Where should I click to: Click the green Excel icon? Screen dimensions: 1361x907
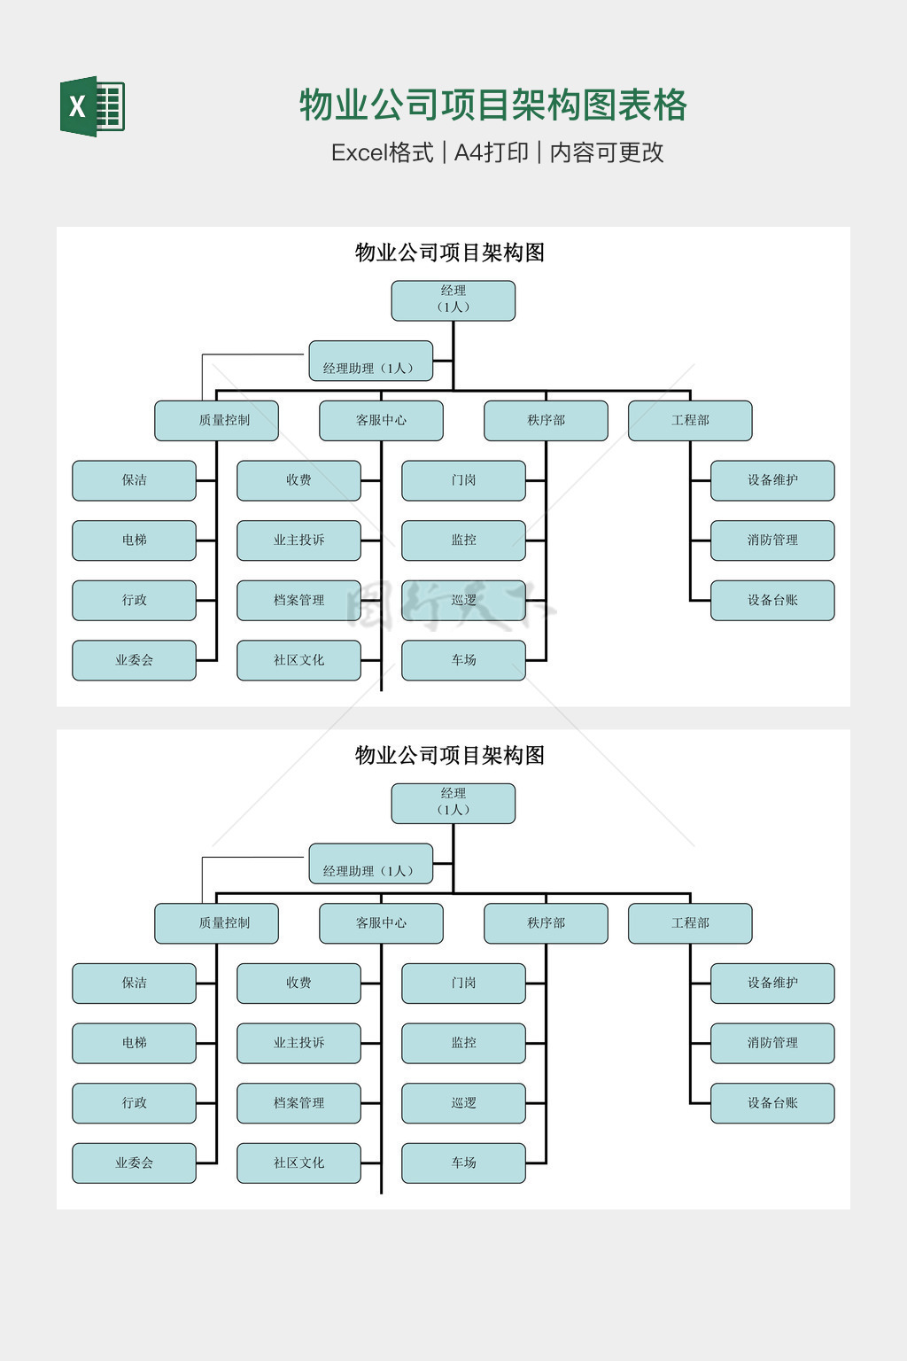92,106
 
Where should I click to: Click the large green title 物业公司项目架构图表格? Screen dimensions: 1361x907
492,105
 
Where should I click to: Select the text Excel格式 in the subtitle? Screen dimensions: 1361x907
382,152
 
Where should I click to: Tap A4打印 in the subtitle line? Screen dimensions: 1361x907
491,152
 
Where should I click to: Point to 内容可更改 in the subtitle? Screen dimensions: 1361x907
607,152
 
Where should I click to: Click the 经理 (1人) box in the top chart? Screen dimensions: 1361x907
453,300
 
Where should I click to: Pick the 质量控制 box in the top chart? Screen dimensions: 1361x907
216,421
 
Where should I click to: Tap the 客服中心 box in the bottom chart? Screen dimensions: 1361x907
381,923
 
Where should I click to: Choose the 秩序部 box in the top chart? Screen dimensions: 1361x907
546,421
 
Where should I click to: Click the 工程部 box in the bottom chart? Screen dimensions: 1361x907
690,923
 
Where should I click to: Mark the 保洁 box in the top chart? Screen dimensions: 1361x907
134,480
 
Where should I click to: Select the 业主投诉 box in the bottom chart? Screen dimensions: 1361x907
298,1043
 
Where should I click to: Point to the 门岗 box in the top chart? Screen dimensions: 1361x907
463,480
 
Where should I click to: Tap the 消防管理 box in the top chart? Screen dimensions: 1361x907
772,541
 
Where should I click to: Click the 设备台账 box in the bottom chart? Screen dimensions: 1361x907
772,1103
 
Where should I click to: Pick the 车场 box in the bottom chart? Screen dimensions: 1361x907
463,1163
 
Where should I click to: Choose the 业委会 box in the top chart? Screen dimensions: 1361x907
134,660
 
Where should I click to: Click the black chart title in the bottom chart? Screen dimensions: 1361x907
450,755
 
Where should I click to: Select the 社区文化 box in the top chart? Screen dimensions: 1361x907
298,660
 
